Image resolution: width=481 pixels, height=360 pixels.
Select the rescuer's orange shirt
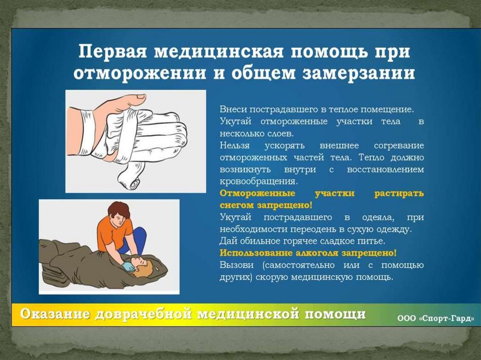coord(112,233)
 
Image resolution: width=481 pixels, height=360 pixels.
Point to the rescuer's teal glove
coord(128,267)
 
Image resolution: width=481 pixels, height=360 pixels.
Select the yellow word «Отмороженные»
coord(257,193)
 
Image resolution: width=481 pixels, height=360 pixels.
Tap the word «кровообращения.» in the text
coord(259,181)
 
